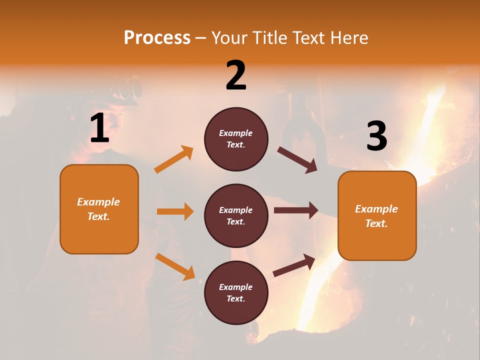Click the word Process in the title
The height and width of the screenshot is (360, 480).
pyautogui.click(x=157, y=38)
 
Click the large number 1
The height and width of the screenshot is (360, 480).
pyautogui.click(x=99, y=128)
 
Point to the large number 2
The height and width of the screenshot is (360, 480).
pyautogui.click(x=236, y=75)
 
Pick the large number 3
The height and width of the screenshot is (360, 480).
pyautogui.click(x=376, y=136)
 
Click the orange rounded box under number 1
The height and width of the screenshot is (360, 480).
pyautogui.click(x=99, y=209)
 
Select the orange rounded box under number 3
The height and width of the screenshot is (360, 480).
pyautogui.click(x=377, y=215)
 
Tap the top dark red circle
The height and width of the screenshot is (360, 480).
pyautogui.click(x=236, y=139)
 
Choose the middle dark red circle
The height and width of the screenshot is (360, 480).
pyautogui.click(x=236, y=215)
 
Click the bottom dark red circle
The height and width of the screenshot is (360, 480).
pyautogui.click(x=236, y=292)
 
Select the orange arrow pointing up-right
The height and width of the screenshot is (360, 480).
pyautogui.click(x=174, y=159)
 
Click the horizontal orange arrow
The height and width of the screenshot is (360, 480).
pyautogui.click(x=175, y=211)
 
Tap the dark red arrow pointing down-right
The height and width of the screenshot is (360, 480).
pyautogui.click(x=297, y=160)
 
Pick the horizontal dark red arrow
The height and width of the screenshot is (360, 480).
pyautogui.click(x=296, y=210)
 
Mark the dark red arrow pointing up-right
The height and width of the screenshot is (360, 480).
pyautogui.click(x=294, y=265)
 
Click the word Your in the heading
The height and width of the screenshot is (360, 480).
pyautogui.click(x=229, y=38)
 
